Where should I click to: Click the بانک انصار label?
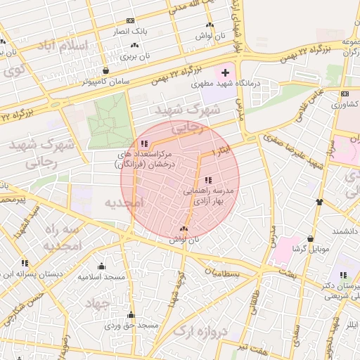pos(131,32)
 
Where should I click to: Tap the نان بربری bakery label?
pos(136,56)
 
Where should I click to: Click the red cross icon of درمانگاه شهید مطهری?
pos(226,73)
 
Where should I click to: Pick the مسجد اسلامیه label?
pos(101,277)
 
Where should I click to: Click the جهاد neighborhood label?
pos(98,303)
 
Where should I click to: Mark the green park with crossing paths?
pos(110,115)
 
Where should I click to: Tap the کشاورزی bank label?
pos(345,104)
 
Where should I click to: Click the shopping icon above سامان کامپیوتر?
pos(106,70)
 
